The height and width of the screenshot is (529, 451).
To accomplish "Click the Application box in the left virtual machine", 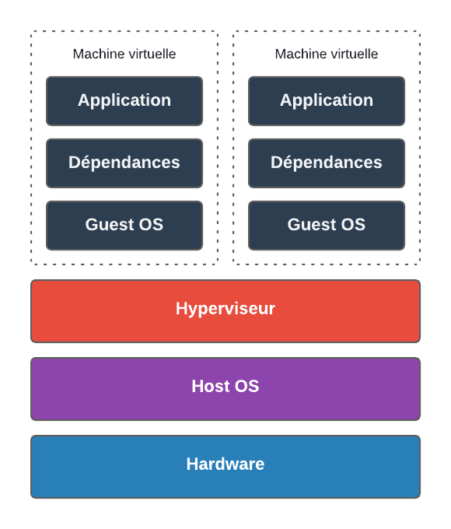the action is pos(124,101).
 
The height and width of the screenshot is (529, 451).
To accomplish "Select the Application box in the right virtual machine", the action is pos(327,101).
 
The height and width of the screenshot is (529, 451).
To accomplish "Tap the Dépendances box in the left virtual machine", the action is pos(124,163).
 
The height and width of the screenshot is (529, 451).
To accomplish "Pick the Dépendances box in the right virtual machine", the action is pos(327,163).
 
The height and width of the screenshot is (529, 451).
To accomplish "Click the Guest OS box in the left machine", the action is pos(124,226).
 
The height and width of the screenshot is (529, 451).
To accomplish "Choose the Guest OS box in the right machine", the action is pos(327,226).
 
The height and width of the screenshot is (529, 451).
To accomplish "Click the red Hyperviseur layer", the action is pos(226,311).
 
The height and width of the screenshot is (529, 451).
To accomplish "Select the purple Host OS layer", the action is pos(226,389).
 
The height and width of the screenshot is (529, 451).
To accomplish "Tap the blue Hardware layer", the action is pos(226,467).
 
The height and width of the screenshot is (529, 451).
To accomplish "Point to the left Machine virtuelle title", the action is pos(124,54).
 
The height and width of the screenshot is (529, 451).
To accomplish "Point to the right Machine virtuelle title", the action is pos(327,54).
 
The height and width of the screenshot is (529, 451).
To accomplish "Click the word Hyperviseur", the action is pos(226,309).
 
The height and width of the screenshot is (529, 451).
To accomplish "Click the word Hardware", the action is pos(226,464).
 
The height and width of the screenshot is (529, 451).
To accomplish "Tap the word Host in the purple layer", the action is pos(212,386).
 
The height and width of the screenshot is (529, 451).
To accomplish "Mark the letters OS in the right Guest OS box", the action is pos(353,224).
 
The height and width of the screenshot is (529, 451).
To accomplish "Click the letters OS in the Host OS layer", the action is pos(247,386).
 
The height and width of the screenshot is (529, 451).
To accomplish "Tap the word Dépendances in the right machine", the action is pos(327,163).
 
